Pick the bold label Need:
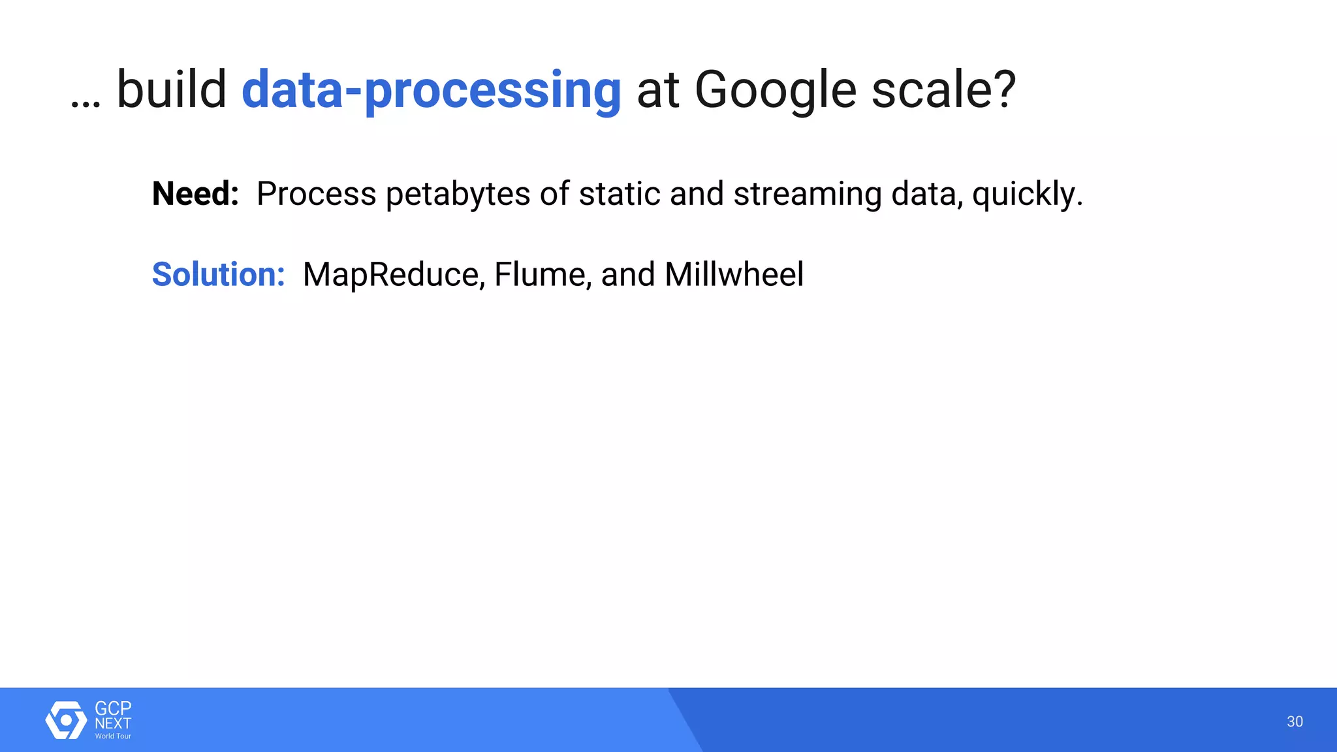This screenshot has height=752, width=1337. click(195, 194)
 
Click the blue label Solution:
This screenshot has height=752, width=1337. click(218, 274)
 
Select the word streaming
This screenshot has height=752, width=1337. click(807, 195)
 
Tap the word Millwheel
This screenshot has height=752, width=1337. click(734, 274)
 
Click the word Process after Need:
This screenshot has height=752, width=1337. click(316, 194)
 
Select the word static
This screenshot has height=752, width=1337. click(619, 194)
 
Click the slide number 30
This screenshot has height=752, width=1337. click(1295, 721)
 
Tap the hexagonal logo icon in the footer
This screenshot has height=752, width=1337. click(66, 720)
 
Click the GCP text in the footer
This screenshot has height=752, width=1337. click(113, 708)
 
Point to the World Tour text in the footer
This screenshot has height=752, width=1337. click(113, 736)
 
